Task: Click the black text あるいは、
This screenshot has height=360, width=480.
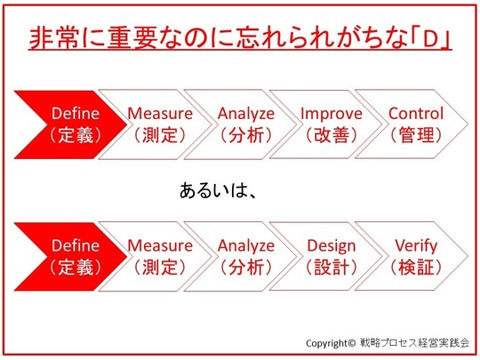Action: (x=218, y=190)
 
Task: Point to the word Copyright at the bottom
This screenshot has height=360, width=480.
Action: (x=326, y=343)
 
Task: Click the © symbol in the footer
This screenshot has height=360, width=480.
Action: (x=352, y=342)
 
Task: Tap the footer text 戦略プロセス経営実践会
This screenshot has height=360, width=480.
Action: (x=415, y=342)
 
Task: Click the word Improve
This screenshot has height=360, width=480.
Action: (x=332, y=114)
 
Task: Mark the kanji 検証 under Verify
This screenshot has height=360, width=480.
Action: (x=416, y=268)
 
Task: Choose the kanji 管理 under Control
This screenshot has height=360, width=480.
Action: (x=416, y=135)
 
